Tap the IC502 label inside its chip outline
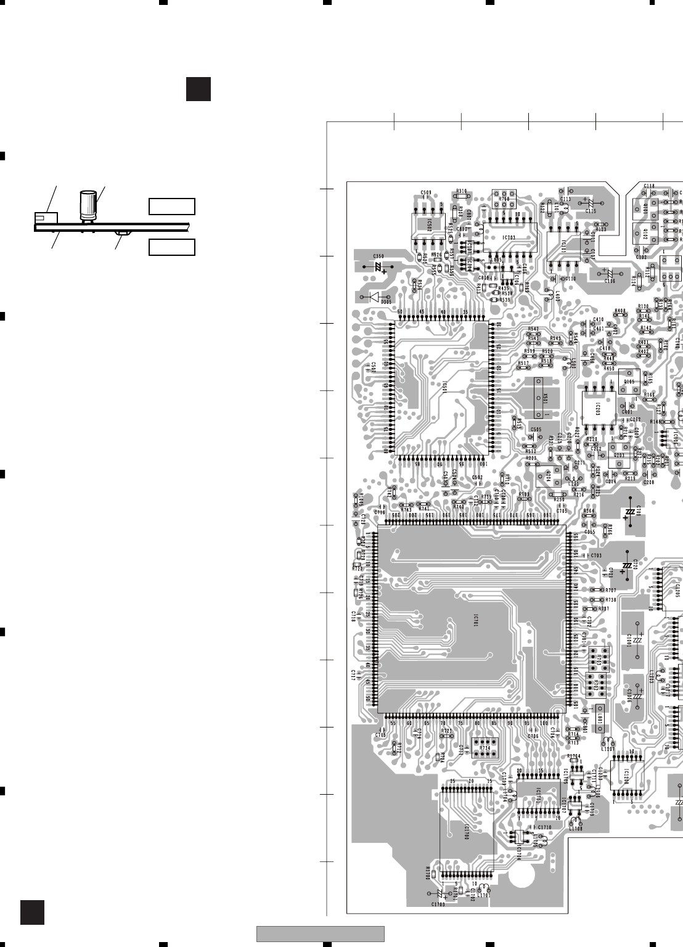428,228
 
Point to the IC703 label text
509,237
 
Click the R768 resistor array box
504,199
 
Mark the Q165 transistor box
629,382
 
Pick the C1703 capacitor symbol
440,895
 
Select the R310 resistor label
462,191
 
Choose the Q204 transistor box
547,477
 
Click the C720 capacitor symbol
628,565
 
